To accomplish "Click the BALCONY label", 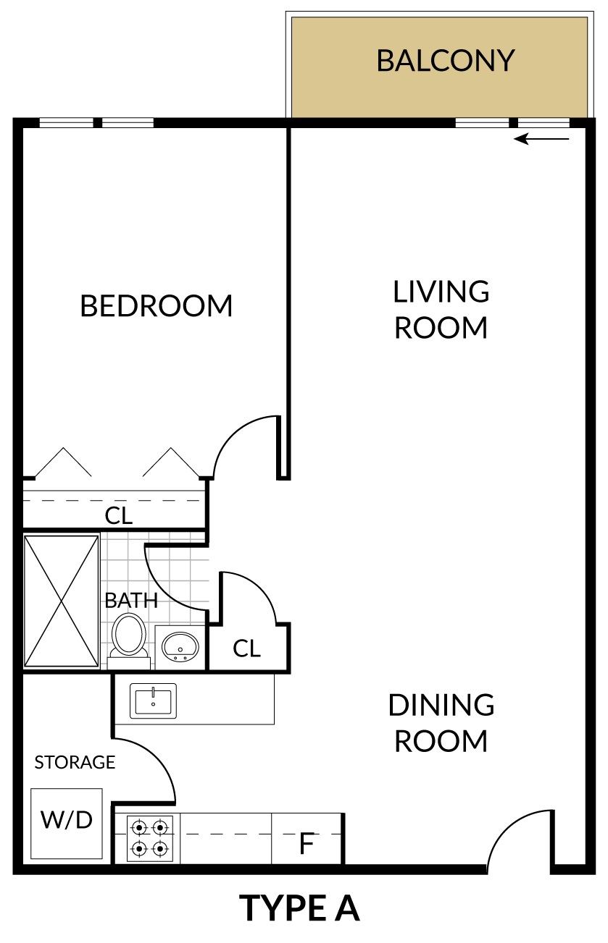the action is [445, 61].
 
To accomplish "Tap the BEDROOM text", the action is [157, 305].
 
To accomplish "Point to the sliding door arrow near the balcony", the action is [541, 138].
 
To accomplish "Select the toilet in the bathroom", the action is [128, 640].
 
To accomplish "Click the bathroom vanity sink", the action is [180, 647].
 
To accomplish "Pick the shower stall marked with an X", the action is [62, 601].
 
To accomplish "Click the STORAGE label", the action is [75, 762].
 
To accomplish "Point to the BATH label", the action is [131, 600].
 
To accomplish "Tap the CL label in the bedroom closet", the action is [118, 516].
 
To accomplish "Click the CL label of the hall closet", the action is [246, 648].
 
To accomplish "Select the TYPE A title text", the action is [299, 908].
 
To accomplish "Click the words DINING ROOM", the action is [441, 723].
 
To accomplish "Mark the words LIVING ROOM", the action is [441, 310].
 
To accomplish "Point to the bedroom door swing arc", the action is [234, 434].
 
